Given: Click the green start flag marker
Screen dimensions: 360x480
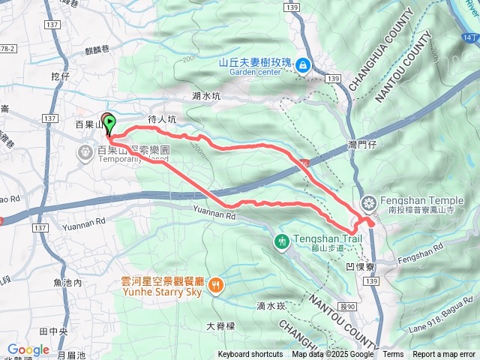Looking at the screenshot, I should (110, 123).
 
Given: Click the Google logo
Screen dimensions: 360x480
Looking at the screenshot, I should (28, 350).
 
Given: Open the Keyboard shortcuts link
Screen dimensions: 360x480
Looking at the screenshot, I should (250, 355).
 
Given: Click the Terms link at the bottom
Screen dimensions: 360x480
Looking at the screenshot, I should (393, 355).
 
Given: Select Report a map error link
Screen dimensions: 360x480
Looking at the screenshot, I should (445, 355).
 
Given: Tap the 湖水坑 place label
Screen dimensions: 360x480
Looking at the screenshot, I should (206, 96).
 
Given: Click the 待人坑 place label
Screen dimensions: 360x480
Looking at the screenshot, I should (162, 119).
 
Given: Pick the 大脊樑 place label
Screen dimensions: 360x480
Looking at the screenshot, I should (220, 326).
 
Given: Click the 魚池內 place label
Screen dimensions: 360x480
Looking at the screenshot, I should (67, 283).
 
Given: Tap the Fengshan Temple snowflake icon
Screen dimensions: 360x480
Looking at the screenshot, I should (368, 202).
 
